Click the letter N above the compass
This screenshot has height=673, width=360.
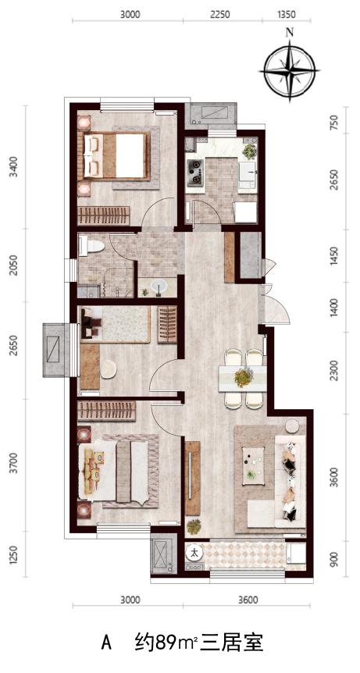tap(290, 32)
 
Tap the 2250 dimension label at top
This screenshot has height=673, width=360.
tap(220, 14)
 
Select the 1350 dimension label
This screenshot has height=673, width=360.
tap(287, 14)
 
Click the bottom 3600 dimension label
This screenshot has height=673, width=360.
tap(248, 600)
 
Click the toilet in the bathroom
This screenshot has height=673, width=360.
tap(91, 246)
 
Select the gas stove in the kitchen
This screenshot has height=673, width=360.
tap(196, 172)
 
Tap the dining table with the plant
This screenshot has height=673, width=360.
tap(243, 378)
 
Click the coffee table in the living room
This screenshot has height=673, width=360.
tap(252, 465)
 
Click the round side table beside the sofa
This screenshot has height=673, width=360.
tap(293, 426)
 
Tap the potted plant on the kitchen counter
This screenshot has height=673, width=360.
tap(249, 151)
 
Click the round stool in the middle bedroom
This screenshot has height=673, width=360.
tap(108, 369)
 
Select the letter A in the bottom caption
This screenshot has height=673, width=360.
tap(106, 644)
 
